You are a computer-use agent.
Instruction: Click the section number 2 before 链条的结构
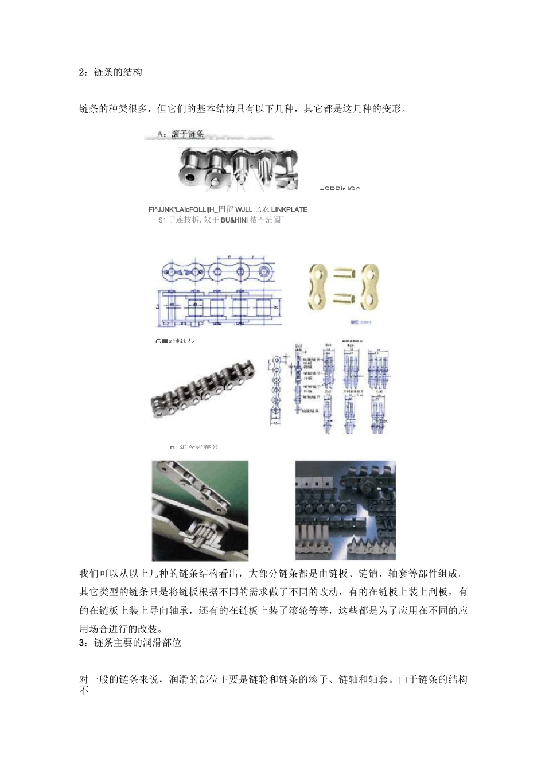82,72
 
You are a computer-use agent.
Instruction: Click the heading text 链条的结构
118,72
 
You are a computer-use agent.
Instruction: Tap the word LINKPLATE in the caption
289,209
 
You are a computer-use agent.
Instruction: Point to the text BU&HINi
234,220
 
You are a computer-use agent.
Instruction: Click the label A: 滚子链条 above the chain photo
181,134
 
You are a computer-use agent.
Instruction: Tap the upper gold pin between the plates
343,274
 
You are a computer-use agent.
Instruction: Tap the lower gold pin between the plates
343,298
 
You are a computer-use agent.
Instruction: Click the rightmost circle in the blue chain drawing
264,271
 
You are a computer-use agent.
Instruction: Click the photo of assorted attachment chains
345,510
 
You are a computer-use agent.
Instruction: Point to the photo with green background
200,510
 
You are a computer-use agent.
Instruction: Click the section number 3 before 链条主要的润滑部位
82,642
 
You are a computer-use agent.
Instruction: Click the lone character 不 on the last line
84,690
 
